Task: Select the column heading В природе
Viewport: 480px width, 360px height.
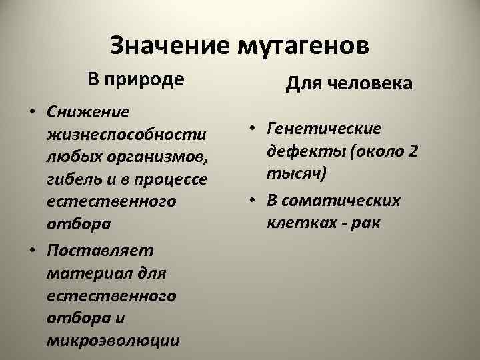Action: click(135, 80)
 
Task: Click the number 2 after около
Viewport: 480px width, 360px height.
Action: click(413, 151)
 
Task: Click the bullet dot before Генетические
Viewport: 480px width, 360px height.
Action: click(252, 128)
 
